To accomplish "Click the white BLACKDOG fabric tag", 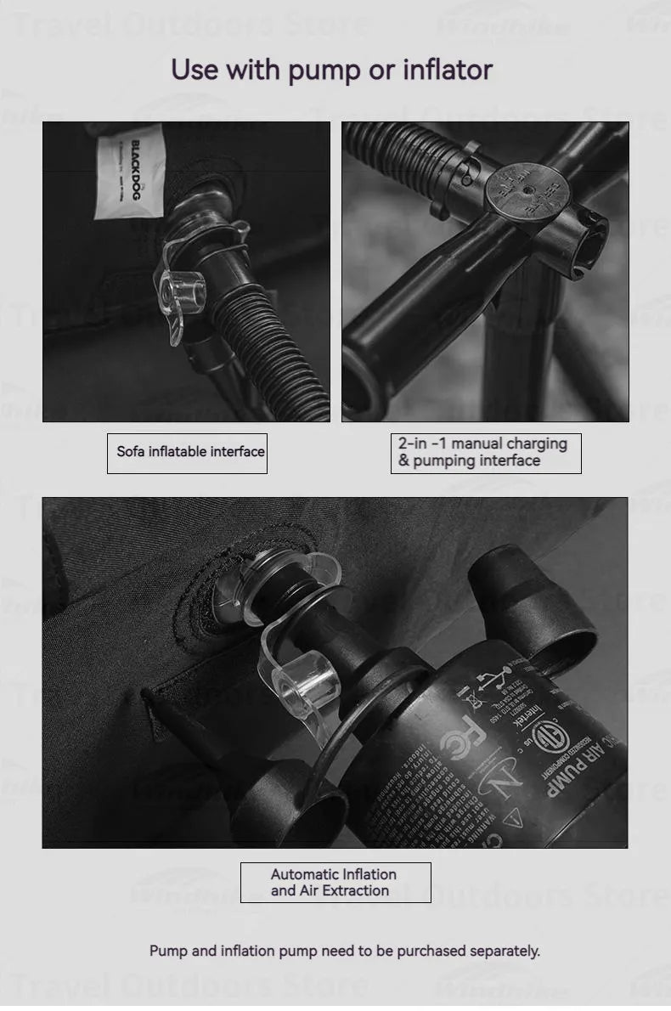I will (x=129, y=171).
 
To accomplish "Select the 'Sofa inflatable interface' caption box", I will (x=187, y=453).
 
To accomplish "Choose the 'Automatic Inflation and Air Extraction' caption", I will (x=335, y=883).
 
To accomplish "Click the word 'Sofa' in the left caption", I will (x=131, y=452).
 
